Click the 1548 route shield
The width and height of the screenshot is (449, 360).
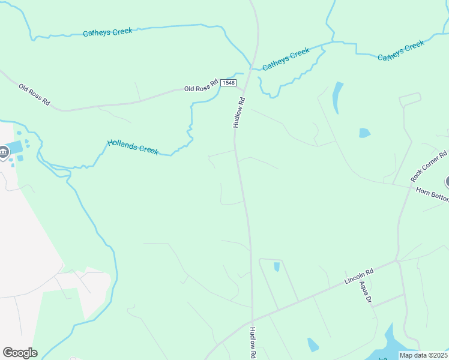[x=228, y=82]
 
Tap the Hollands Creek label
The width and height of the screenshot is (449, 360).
[x=133, y=147]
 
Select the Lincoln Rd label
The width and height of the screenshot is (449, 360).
[x=358, y=277]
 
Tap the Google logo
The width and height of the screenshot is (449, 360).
[x=20, y=352]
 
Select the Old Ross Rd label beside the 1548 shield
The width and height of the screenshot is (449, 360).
[x=200, y=86]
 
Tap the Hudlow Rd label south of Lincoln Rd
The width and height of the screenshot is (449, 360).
[x=253, y=343]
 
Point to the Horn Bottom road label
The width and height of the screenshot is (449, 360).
[x=432, y=194]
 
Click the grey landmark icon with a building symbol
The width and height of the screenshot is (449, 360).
[x=4, y=152]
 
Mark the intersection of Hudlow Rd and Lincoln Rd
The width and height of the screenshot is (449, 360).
[x=253, y=320]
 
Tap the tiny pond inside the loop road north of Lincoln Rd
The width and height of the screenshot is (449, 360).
[x=277, y=267]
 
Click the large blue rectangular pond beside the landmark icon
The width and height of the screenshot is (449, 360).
[x=17, y=147]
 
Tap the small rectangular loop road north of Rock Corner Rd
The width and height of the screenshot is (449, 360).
[x=411, y=98]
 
